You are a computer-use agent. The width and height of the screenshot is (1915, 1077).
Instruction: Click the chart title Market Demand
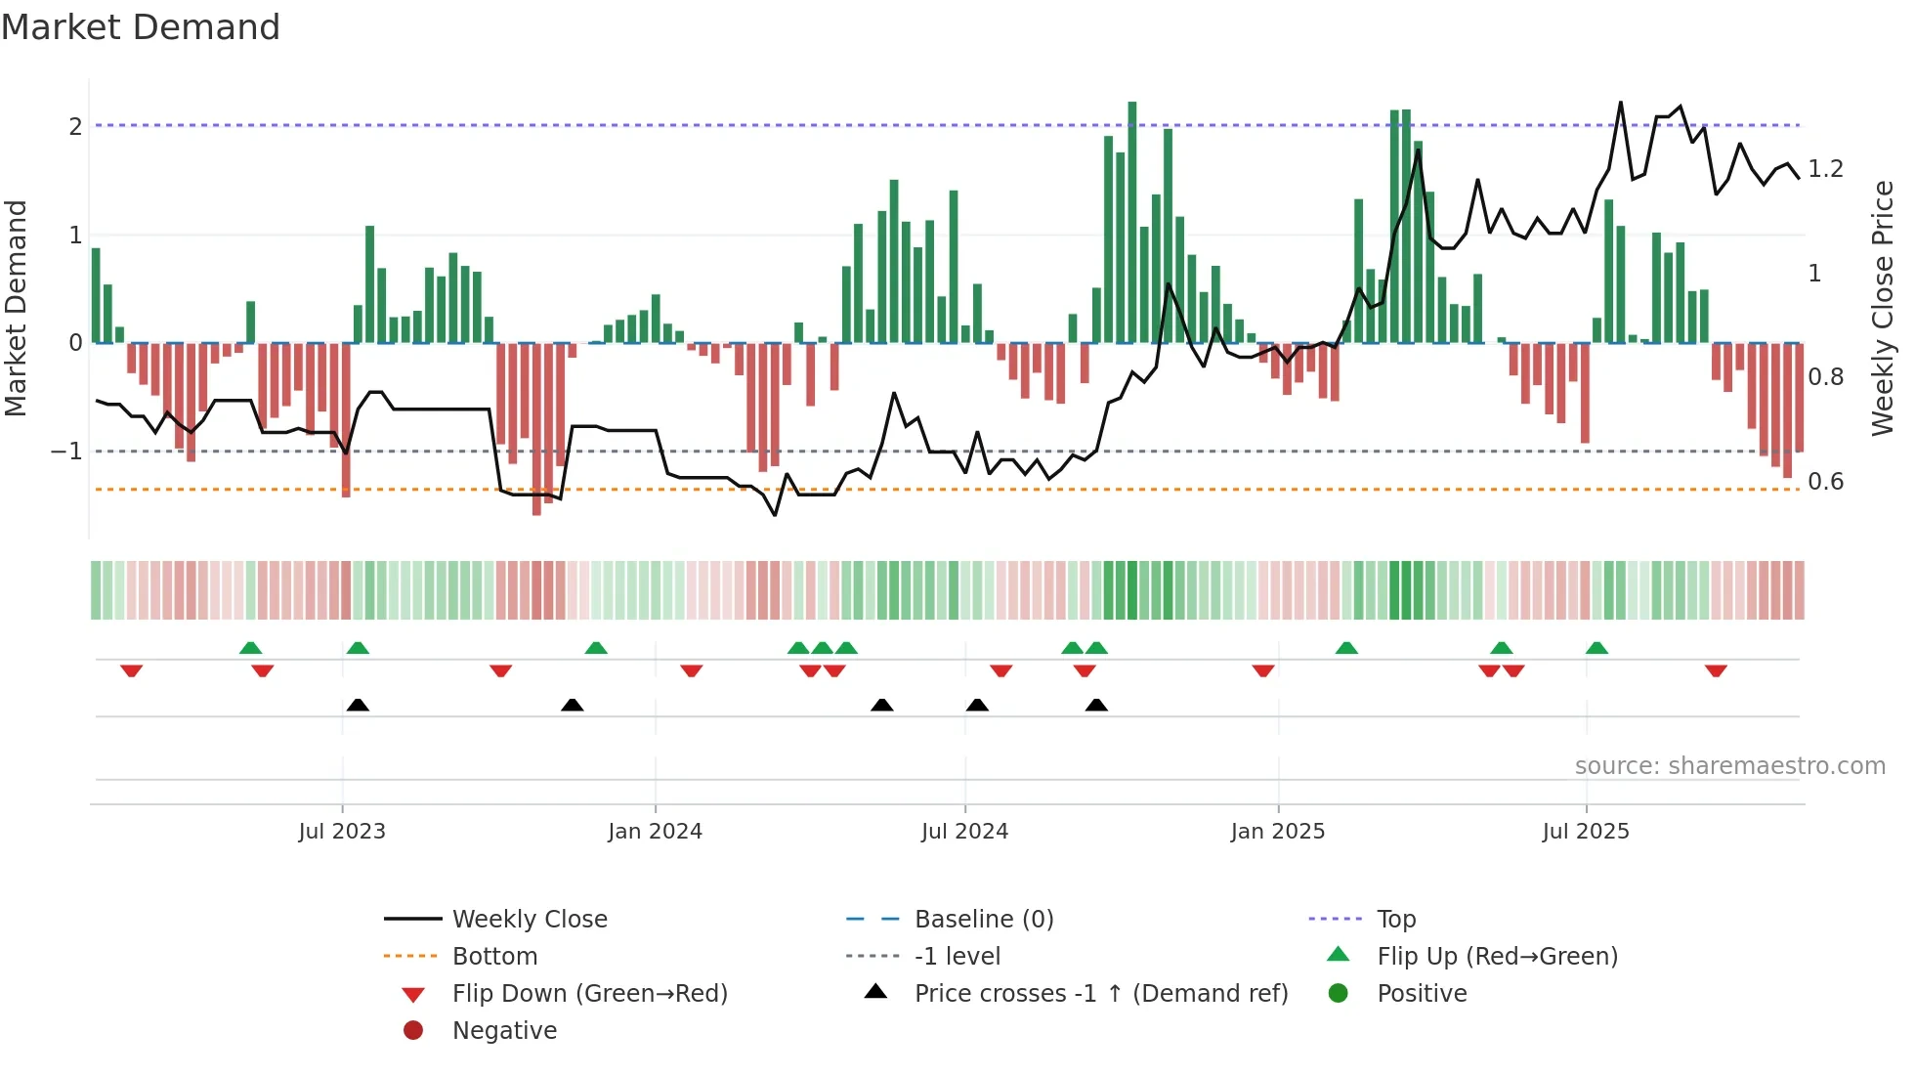pos(141,27)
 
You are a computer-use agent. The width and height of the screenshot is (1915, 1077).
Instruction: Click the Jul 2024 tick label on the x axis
pos(964,832)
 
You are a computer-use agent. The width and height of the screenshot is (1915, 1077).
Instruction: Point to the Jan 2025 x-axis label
pos(1277,832)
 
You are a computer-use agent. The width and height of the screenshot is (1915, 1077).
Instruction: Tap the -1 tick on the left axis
pos(66,452)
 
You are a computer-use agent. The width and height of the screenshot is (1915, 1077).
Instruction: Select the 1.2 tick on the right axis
pos(1825,169)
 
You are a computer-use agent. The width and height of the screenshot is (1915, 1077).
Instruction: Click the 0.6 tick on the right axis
pos(1825,482)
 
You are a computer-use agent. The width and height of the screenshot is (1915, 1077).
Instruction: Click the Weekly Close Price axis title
pos(1882,308)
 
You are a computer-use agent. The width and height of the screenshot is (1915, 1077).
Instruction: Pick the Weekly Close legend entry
pos(529,920)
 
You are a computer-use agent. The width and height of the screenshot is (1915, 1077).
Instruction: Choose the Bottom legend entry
pos(494,957)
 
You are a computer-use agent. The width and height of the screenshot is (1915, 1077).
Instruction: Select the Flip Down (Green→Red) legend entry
pos(589,994)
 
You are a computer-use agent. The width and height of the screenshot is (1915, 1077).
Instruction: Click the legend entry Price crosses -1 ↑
pos(1100,994)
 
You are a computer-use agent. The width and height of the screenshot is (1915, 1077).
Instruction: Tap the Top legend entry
pos(1396,920)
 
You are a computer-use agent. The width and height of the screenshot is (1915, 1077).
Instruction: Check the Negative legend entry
pos(504,1031)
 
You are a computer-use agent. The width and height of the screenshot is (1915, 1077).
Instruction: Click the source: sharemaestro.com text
pos(1729,766)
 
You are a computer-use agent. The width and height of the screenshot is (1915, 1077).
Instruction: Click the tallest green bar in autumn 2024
pos(1132,222)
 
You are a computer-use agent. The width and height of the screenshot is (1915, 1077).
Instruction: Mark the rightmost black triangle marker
pos(1096,706)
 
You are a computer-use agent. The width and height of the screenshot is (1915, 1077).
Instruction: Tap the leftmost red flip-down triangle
pos(132,670)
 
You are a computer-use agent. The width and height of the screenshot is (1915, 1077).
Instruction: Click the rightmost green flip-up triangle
pos(1596,648)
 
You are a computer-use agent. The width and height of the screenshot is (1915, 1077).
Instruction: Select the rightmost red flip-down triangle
pos(1716,670)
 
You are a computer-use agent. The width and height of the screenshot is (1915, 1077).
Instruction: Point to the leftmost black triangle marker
pos(358,706)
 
